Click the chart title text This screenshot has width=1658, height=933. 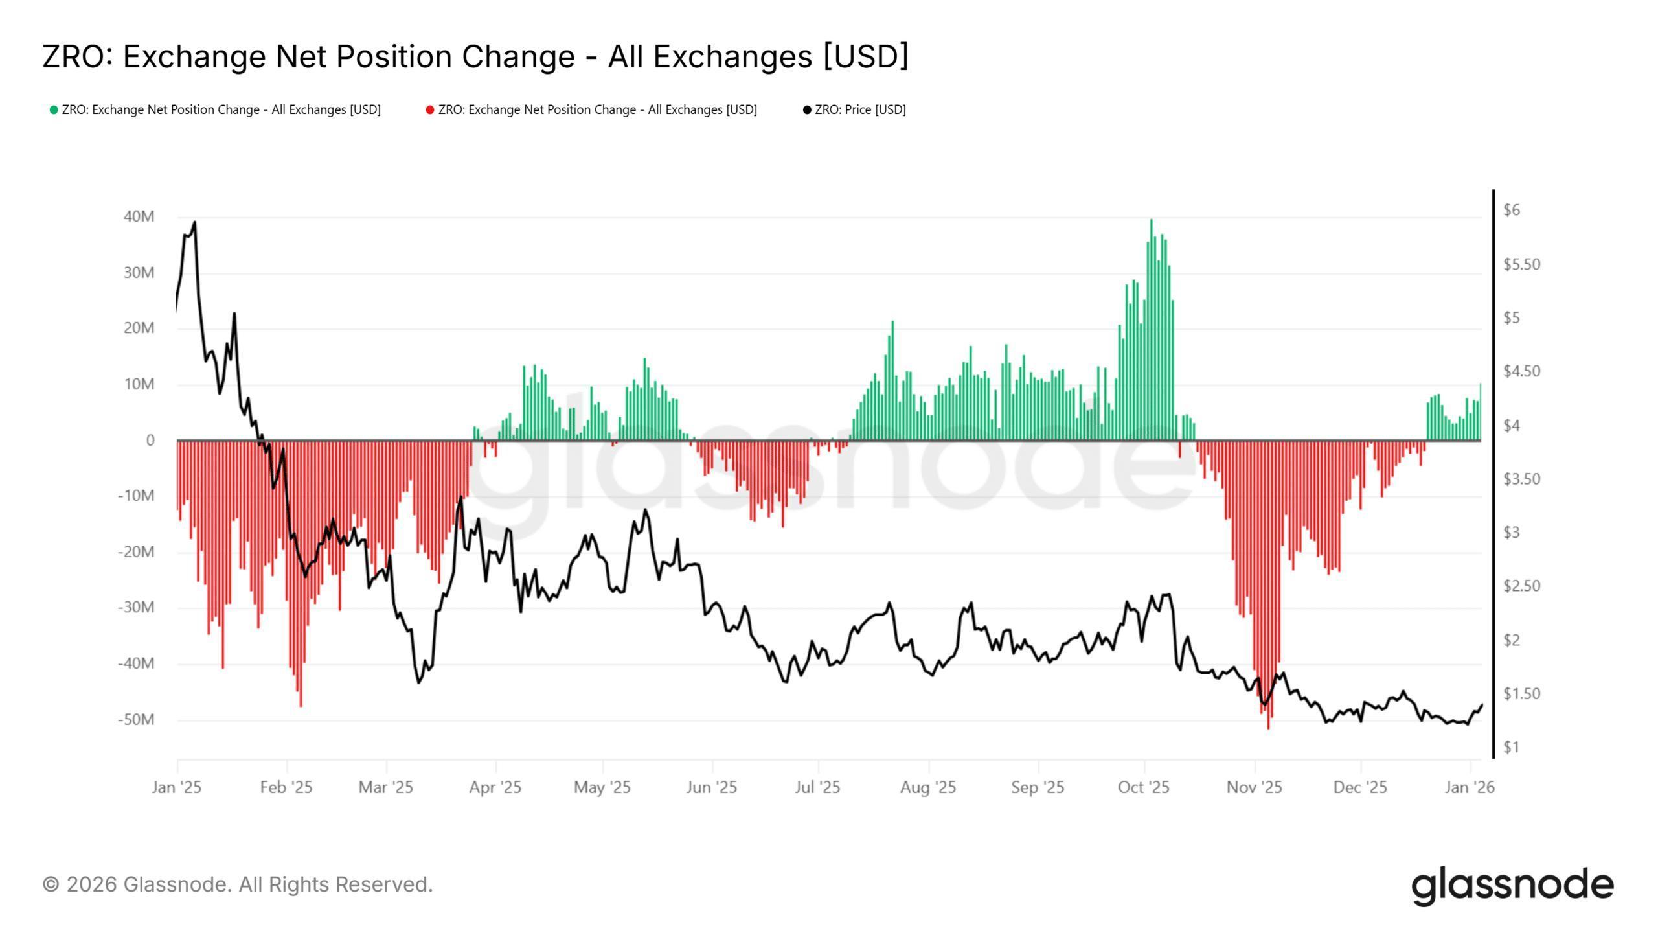tap(475, 56)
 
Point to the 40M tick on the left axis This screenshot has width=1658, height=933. tap(139, 216)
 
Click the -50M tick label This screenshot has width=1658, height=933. tap(136, 720)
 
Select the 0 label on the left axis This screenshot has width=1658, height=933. tap(150, 441)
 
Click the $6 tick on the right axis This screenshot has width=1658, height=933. tap(1512, 210)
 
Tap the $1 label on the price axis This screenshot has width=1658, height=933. tap(1511, 747)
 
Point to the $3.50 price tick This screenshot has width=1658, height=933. tap(1521, 479)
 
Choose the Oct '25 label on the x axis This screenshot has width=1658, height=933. tap(1144, 787)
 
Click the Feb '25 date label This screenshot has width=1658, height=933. tap(286, 787)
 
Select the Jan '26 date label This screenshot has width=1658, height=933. tap(1470, 787)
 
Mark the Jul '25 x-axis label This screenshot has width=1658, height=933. tap(817, 787)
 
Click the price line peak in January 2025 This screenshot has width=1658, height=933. tap(195, 223)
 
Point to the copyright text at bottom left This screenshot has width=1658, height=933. tap(238, 884)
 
